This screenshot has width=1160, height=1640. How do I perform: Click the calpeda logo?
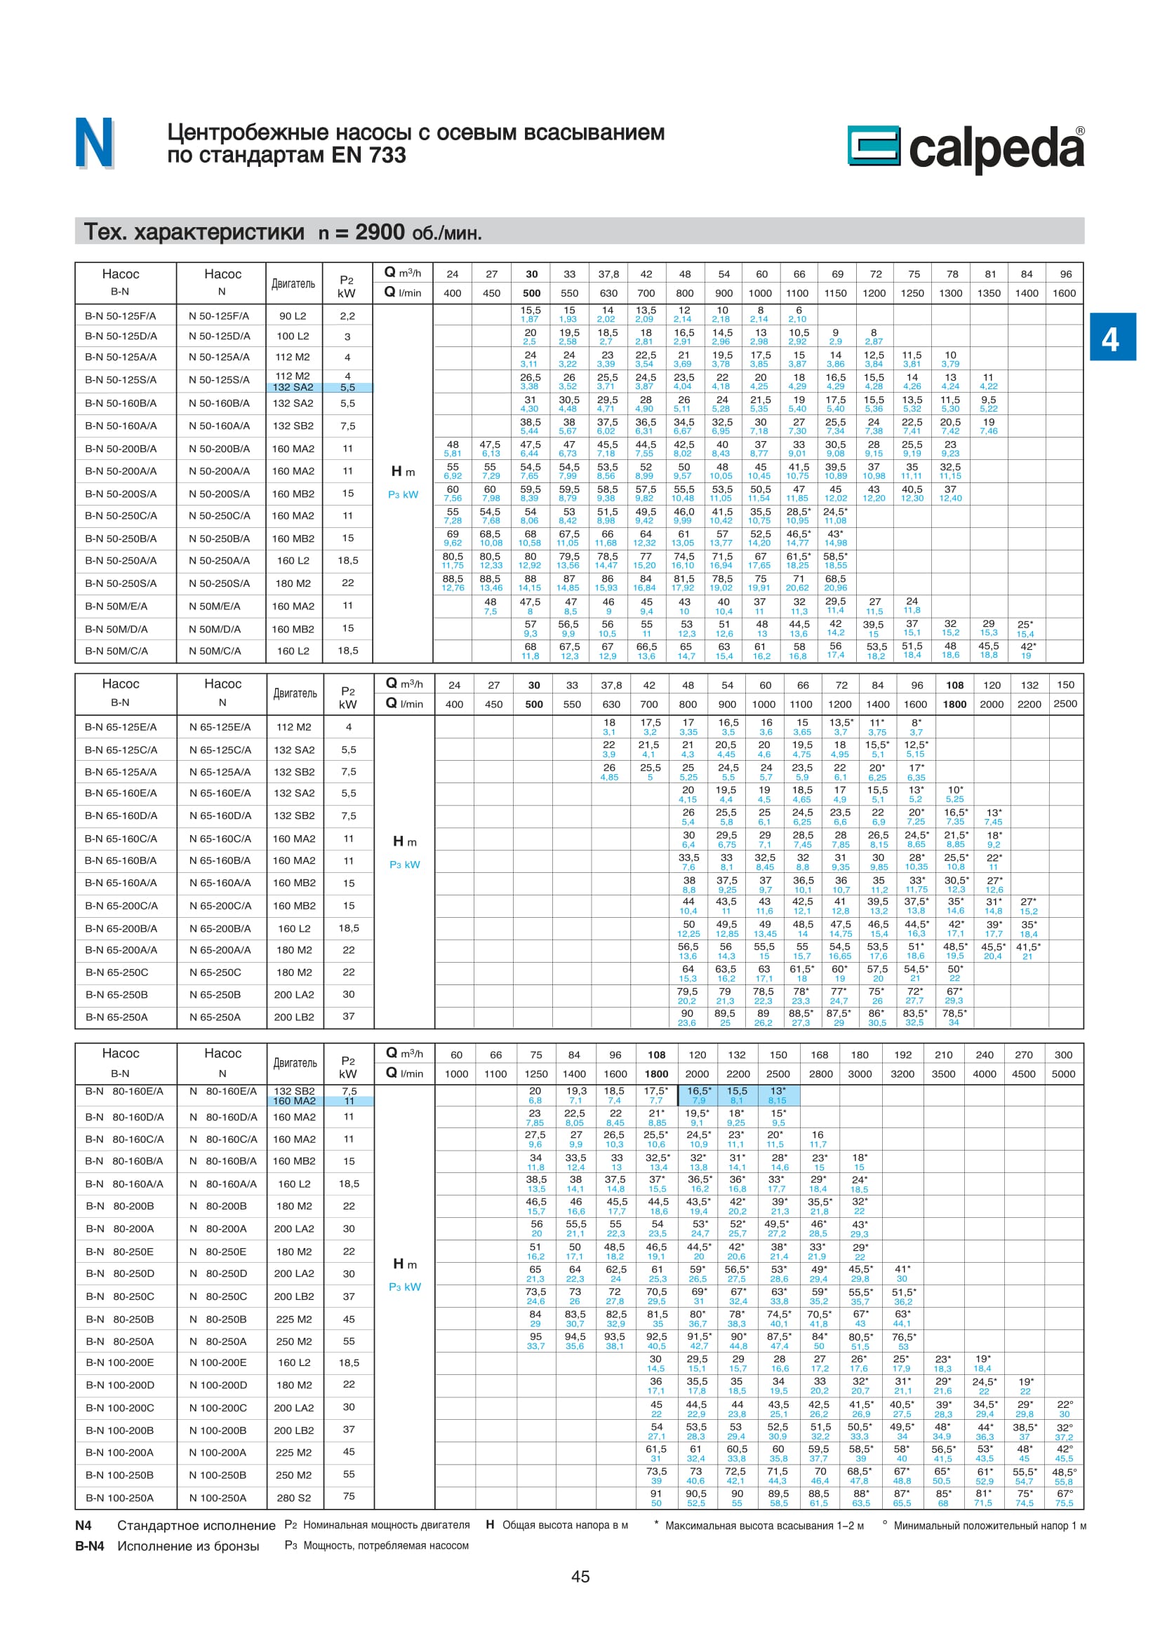966,148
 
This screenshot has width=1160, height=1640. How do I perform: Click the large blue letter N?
94,144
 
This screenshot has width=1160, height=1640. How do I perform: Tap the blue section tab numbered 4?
1112,338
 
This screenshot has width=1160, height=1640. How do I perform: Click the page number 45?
580,1576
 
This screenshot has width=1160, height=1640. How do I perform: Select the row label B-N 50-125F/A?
120,316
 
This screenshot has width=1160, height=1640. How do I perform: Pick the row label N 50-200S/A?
220,494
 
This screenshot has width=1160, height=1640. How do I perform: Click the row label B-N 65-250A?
116,1017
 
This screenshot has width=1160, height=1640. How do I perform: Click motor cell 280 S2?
294,1498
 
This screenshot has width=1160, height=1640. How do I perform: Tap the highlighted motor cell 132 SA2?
293,387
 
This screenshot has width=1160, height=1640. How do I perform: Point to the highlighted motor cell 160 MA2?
294,1101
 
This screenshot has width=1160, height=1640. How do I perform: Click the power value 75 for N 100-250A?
349,1496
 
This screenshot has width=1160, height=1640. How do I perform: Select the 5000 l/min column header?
1062,1073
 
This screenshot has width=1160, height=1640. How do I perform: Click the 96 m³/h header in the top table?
1066,274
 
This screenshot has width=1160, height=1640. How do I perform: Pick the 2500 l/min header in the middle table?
1065,703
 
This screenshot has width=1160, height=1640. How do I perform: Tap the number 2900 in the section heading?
380,232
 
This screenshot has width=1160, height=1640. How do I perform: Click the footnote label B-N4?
89,1546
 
